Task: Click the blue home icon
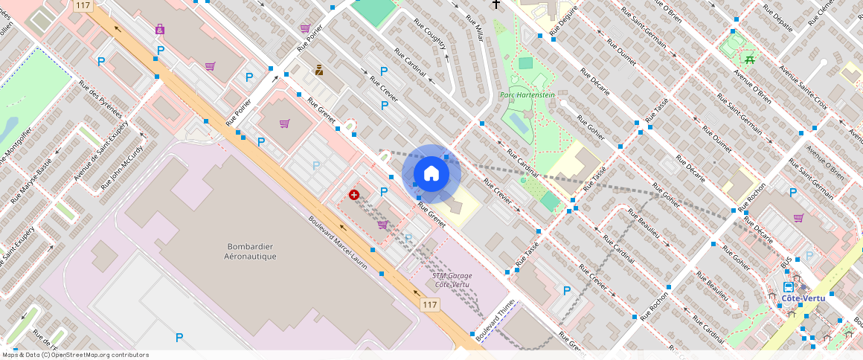point(431,174)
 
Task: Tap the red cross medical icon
point(354,195)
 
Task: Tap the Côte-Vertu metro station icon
point(789,287)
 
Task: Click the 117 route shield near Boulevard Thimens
point(429,304)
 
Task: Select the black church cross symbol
point(496,5)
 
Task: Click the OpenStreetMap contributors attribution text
point(76,355)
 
